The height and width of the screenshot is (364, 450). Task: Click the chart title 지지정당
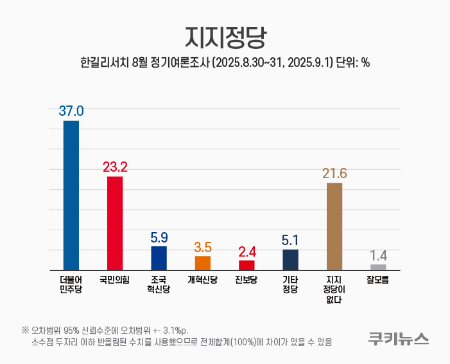coord(225,37)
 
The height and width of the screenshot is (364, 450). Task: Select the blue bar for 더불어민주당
coord(71,195)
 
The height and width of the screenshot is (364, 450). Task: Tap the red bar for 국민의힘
coord(115,223)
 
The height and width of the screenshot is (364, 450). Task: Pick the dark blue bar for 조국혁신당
coord(159,258)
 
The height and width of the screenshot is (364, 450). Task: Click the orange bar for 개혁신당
coord(203,262)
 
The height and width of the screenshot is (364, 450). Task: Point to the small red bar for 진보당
coord(247,265)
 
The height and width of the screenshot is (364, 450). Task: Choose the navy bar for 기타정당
coord(290,259)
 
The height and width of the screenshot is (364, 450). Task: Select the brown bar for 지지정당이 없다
coord(334,226)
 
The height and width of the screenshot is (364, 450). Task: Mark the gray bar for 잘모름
coord(378,267)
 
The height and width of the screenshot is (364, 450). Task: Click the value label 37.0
coord(71,111)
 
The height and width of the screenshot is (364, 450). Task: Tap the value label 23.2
coord(115,167)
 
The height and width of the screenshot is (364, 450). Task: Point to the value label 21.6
coord(334,173)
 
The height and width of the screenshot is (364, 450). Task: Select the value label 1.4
coord(378,255)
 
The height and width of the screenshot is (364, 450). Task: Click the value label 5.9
coord(159,237)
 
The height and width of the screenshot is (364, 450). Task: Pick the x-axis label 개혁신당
coord(203,280)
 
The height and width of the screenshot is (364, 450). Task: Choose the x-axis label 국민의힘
coord(115,280)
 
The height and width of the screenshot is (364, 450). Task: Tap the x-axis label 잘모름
coord(378,280)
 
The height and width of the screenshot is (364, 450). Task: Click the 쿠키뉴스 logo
coord(398,338)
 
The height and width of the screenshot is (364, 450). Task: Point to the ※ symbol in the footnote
coord(25,330)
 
